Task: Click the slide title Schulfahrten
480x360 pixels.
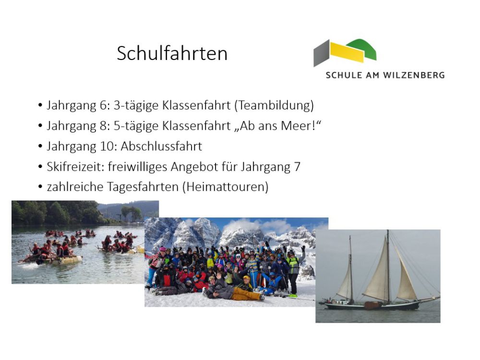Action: coord(172,53)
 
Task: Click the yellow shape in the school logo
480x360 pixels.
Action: coord(347,52)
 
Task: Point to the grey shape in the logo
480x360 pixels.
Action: coord(322,53)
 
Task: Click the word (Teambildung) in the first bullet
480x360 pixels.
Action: coord(274,105)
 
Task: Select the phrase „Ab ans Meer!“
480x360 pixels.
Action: coord(277,126)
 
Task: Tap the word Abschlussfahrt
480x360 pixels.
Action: coord(161,146)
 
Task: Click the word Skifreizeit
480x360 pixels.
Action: coord(76,167)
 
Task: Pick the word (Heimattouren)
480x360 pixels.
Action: coord(225,187)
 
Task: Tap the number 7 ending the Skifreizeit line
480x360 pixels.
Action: coord(297,167)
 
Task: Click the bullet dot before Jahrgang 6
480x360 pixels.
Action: coord(40,105)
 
